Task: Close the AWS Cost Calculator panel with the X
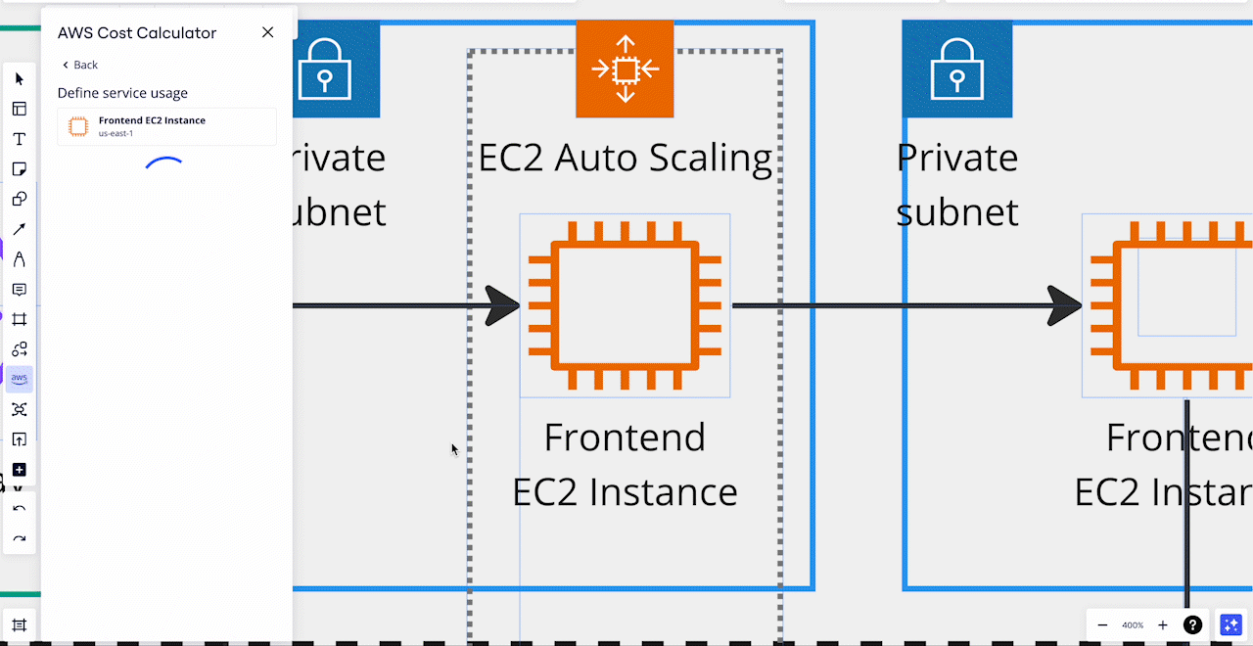267,32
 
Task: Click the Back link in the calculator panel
80,65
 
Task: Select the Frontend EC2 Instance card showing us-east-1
166,126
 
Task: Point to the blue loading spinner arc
164,162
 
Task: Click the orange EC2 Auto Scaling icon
625,69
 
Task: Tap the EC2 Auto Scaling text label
625,158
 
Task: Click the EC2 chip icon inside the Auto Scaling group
625,305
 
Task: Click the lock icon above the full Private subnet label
957,69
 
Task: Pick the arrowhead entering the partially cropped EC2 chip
1065,305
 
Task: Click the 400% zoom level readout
1133,624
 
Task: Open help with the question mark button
1192,624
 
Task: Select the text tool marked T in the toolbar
20,139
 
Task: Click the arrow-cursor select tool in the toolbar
20,79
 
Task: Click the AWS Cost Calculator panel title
137,32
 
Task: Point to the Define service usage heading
122,93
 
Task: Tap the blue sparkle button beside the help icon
1230,624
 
